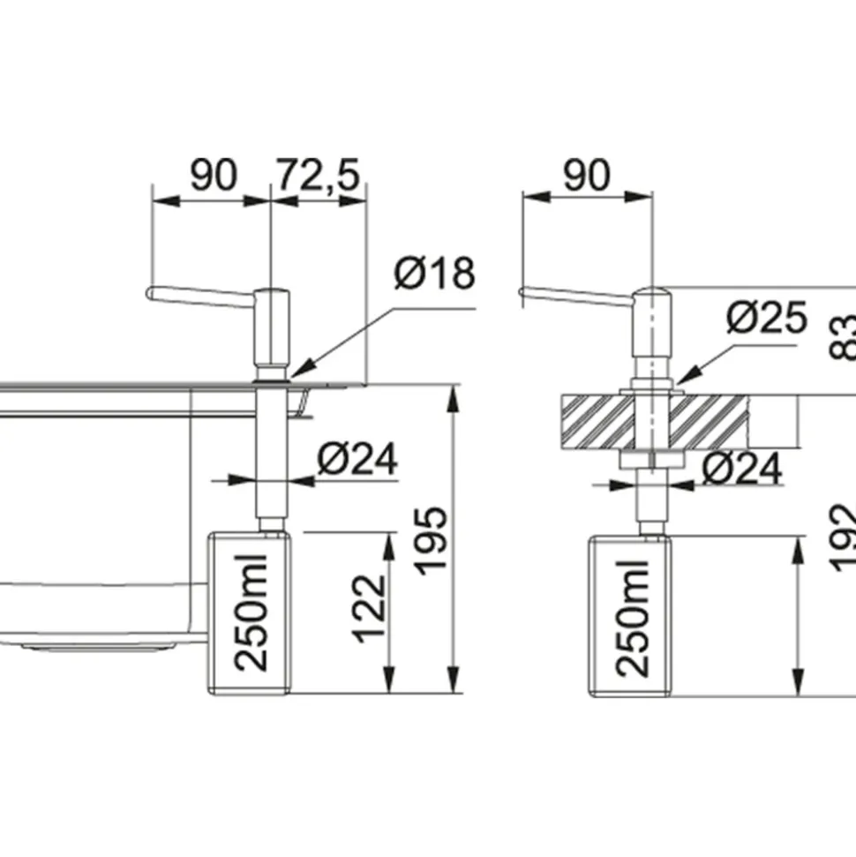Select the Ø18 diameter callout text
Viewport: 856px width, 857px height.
pyautogui.click(x=434, y=274)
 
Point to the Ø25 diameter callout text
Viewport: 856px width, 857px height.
pyautogui.click(x=767, y=318)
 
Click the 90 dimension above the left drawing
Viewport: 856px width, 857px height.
pyautogui.click(x=214, y=175)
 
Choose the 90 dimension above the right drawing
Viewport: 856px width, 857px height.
pyautogui.click(x=586, y=175)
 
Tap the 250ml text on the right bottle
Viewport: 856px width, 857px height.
pyautogui.click(x=634, y=617)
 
